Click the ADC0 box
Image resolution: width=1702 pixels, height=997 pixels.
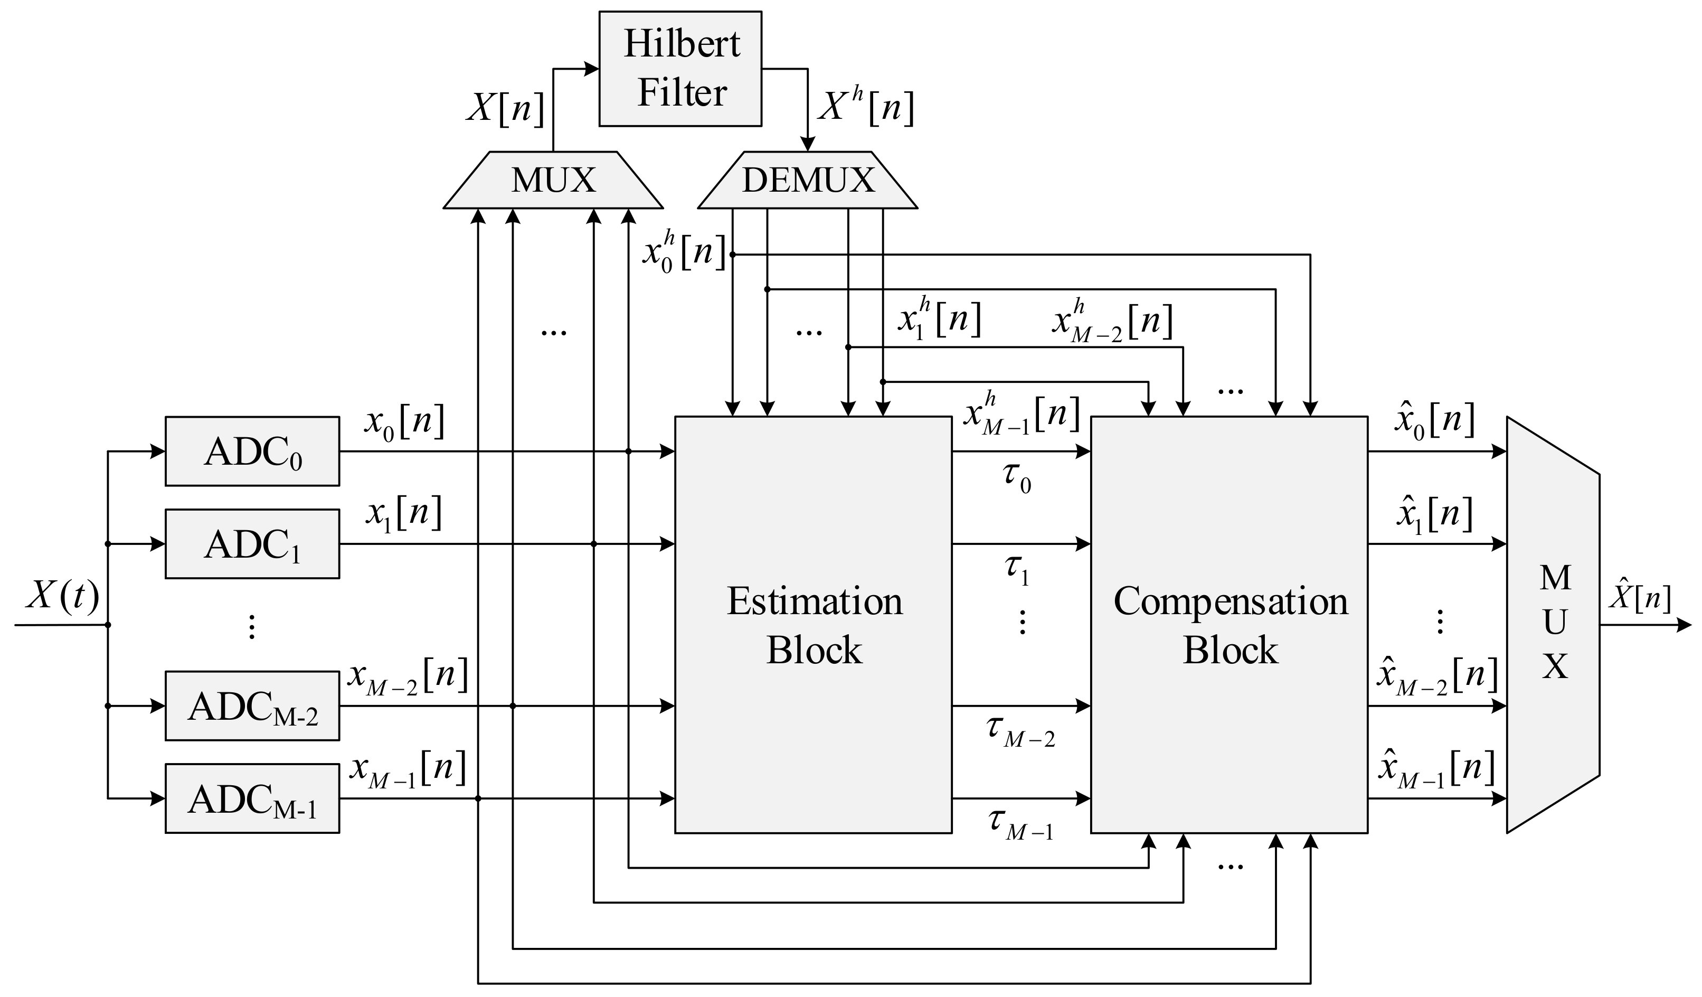252,451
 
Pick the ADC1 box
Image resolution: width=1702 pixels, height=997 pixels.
252,544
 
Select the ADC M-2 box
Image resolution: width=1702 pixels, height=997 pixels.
252,706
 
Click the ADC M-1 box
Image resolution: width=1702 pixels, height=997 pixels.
252,798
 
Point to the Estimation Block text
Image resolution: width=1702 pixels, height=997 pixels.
814,625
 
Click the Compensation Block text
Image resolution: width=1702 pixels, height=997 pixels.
1230,625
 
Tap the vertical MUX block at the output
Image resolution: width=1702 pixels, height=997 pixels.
1554,625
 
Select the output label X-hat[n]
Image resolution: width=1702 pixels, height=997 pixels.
1640,598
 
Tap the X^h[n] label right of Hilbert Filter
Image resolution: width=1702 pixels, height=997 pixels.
865,107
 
